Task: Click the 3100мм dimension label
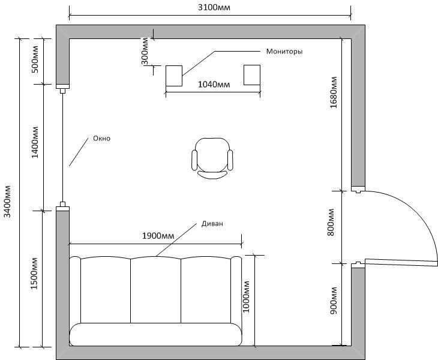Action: [x=214, y=7]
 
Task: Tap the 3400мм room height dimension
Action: [x=7, y=202]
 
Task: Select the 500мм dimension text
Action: [x=35, y=59]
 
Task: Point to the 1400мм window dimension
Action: [x=35, y=142]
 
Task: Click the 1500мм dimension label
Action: [x=34, y=274]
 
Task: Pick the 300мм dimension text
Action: [x=145, y=52]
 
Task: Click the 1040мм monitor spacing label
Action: [x=214, y=85]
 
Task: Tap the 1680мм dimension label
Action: [x=334, y=92]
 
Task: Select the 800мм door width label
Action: [x=331, y=223]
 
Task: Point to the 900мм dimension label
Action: [x=334, y=301]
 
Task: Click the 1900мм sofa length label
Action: [x=158, y=236]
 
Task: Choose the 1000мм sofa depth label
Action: [x=246, y=296]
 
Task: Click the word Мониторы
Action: [x=284, y=52]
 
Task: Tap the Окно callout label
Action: [x=101, y=138]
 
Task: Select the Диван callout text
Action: [x=212, y=224]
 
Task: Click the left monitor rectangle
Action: [x=174, y=76]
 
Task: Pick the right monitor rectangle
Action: [x=252, y=75]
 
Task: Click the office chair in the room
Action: [x=212, y=158]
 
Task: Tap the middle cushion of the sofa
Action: [x=155, y=290]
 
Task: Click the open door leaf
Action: [x=401, y=262]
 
